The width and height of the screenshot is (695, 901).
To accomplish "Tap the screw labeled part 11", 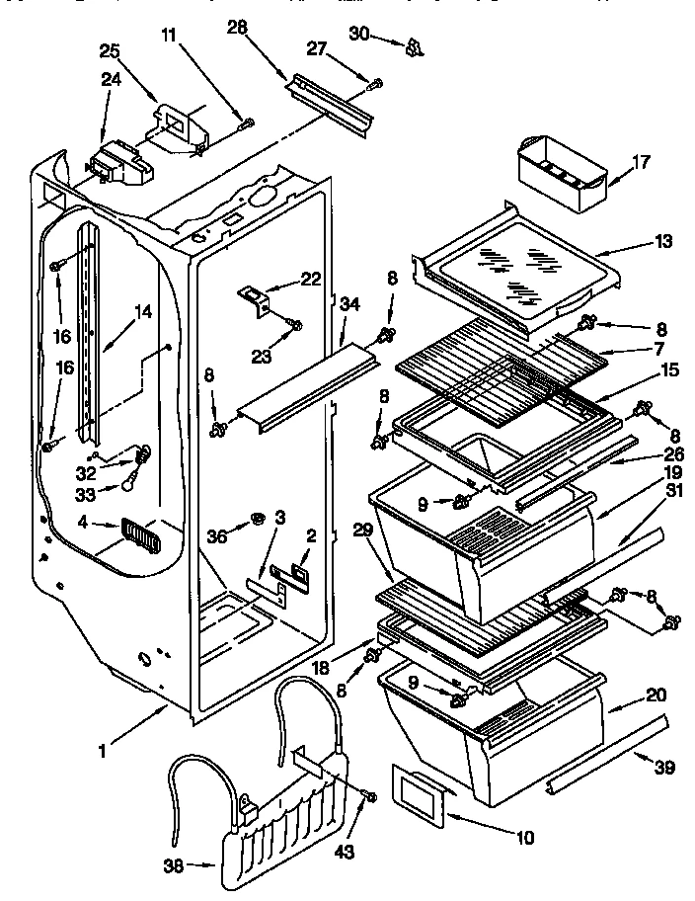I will [x=247, y=123].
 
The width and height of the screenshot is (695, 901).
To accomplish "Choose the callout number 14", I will [x=144, y=312].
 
